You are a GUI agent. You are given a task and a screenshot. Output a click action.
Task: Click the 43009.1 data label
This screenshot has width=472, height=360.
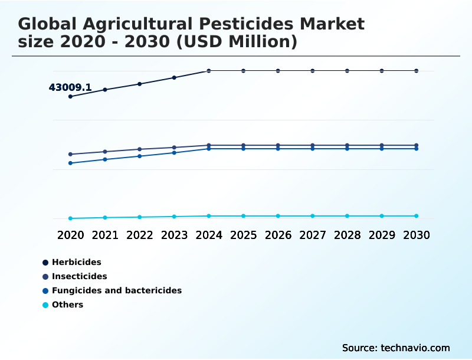70,87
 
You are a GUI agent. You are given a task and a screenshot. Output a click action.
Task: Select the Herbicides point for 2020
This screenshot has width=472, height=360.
70,96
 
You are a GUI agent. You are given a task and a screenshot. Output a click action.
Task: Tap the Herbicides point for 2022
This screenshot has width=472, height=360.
140,84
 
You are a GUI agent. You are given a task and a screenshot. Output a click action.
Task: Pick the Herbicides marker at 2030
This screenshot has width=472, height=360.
417,71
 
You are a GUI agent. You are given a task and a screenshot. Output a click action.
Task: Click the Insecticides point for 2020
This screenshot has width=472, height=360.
70,154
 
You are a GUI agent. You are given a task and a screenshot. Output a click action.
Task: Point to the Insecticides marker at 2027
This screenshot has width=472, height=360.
313,145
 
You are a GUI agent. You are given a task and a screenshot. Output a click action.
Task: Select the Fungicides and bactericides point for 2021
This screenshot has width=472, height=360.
105,159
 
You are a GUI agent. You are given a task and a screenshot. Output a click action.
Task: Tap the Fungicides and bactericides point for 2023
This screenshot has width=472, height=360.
174,153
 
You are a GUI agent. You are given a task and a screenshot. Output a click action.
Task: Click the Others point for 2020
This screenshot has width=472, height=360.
70,218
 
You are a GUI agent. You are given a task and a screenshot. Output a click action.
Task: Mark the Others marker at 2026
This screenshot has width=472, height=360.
278,216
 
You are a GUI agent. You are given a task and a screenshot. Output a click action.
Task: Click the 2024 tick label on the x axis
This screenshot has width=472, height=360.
209,235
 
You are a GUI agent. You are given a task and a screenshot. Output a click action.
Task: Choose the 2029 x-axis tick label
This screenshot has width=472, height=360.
382,235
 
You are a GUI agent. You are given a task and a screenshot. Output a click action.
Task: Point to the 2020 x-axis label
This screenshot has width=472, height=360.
70,235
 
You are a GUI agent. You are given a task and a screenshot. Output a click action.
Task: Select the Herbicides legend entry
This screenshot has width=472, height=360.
76,262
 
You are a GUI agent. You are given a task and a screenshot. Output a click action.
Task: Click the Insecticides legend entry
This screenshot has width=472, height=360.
79,276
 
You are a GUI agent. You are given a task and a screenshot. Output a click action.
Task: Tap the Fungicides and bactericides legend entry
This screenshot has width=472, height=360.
116,290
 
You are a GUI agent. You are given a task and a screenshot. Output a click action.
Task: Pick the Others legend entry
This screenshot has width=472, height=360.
67,305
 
